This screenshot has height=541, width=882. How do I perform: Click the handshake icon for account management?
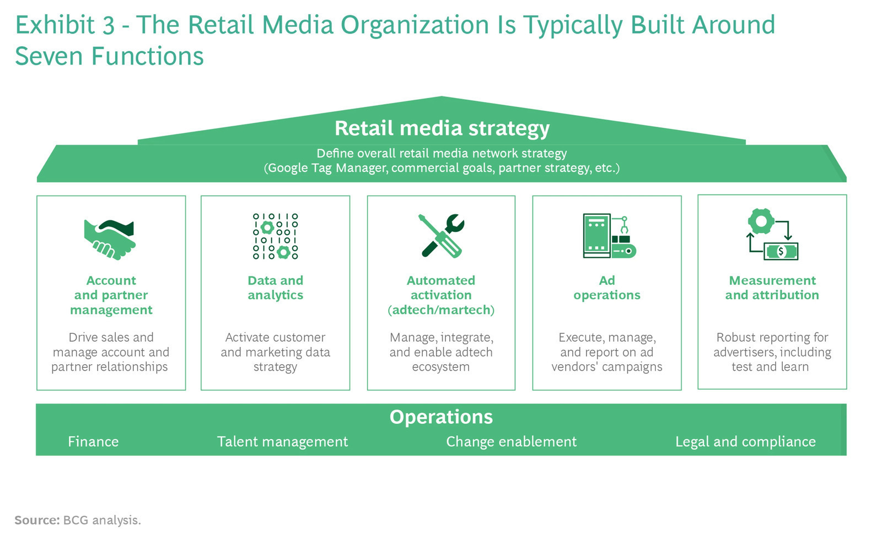click(110, 240)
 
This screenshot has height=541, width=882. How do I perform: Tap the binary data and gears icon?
click(275, 236)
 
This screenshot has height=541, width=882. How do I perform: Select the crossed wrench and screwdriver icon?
click(442, 236)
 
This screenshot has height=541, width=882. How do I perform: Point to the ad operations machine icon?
click(609, 236)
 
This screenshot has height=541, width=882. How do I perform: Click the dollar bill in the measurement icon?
click(781, 251)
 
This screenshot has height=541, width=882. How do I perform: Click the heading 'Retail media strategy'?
click(442, 128)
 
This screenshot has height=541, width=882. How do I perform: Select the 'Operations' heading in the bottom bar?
click(441, 416)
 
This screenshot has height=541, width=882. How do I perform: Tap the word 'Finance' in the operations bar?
click(93, 441)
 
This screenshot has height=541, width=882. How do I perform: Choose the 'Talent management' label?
click(282, 442)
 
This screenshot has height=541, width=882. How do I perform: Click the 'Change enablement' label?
click(511, 441)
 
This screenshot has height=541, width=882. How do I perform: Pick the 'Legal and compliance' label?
click(745, 442)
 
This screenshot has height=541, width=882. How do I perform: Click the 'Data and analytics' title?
click(275, 288)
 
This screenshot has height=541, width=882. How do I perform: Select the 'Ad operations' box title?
click(607, 288)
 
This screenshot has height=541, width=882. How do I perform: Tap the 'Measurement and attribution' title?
click(772, 288)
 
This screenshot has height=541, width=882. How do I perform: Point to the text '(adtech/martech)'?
click(441, 310)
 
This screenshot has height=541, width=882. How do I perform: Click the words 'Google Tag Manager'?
click(326, 168)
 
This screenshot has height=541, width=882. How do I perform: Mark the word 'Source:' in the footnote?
click(37, 520)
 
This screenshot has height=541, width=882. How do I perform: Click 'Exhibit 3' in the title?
click(65, 25)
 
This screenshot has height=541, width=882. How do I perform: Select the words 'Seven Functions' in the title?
click(110, 56)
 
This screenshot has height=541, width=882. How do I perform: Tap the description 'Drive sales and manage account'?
click(111, 345)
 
